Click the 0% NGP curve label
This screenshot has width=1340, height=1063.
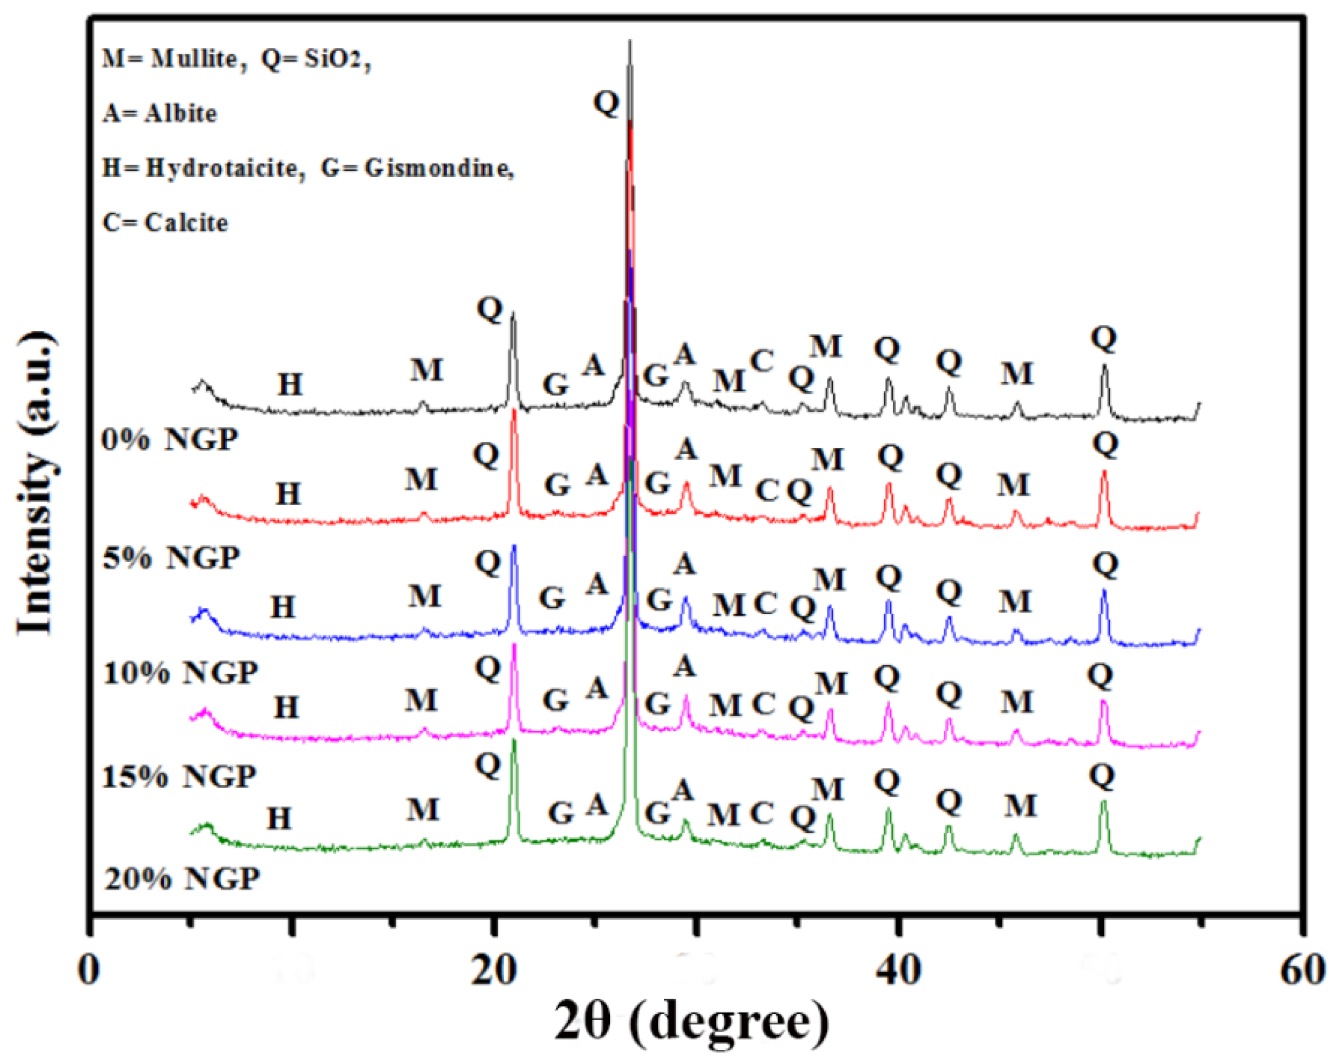coord(170,440)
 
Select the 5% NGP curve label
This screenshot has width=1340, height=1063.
coord(171,557)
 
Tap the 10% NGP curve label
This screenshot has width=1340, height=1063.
coord(180,672)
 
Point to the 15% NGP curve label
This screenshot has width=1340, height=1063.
coord(179,776)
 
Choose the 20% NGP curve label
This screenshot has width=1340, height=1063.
coord(182,878)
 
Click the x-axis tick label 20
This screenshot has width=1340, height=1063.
coord(493,970)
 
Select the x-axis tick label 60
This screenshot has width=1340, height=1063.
coord(1303,970)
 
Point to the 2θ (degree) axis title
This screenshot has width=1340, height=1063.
coord(691,1023)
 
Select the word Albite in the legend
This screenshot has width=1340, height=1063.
coord(180,114)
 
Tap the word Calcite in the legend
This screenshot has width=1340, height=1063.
coord(186,223)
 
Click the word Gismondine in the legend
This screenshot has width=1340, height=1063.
coord(438,168)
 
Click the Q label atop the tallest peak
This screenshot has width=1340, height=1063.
coord(606,102)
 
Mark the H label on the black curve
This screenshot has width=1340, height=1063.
coord(290,385)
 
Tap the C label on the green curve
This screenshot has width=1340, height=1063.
coord(761,812)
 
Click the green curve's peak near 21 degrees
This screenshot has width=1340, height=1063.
coord(514,741)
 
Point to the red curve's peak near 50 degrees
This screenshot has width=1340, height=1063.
coord(1104,472)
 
